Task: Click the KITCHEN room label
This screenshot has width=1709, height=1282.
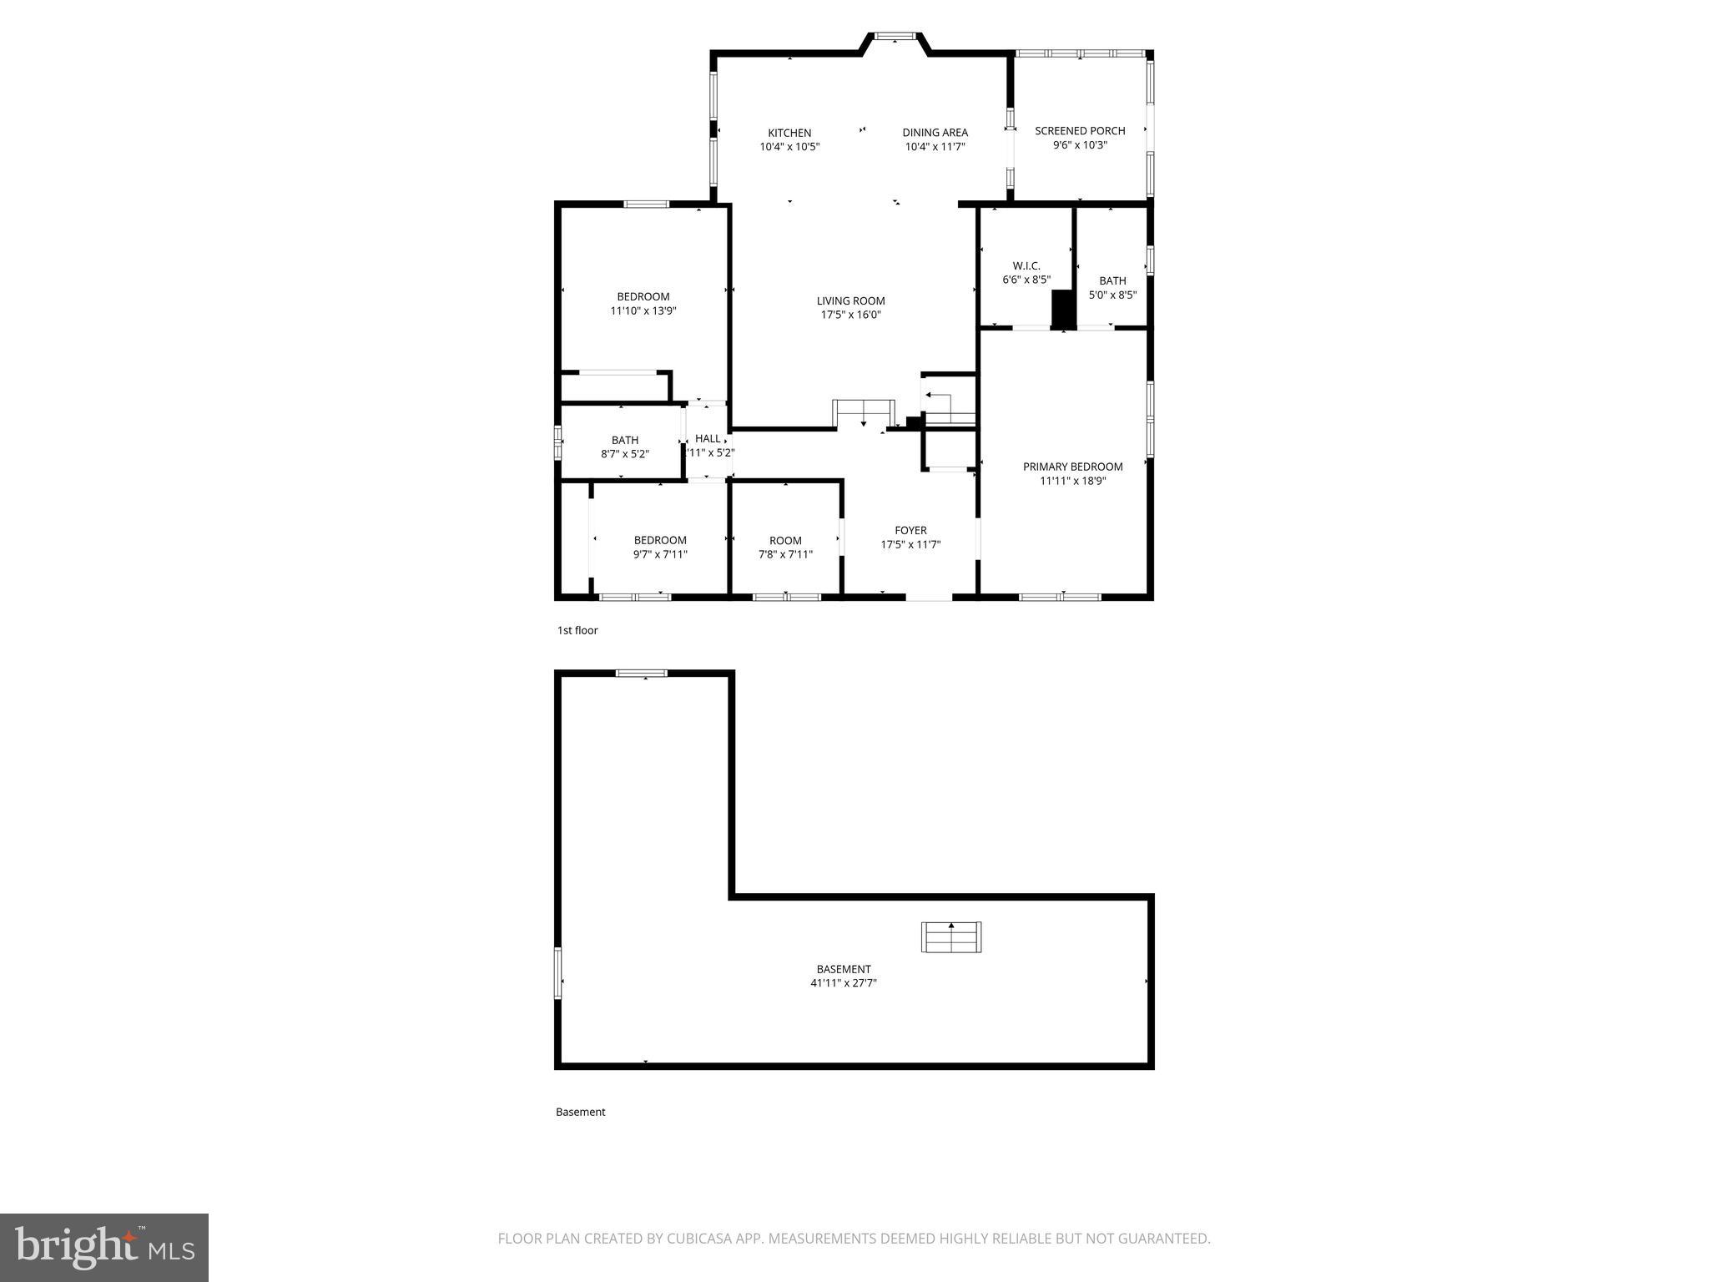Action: (789, 133)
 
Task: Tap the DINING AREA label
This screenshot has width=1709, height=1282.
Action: (935, 133)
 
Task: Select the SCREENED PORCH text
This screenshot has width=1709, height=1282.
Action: (1080, 131)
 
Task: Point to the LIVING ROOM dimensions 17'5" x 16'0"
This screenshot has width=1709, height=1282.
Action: (850, 315)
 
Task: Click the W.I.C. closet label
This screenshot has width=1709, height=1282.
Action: (1026, 266)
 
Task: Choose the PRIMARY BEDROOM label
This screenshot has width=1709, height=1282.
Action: (1072, 467)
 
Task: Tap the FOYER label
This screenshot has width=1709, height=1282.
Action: (910, 530)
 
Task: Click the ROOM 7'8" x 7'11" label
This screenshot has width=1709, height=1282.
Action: (785, 541)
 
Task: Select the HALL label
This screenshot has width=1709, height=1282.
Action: (708, 438)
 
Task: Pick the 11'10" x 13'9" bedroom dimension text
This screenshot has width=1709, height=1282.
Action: (643, 311)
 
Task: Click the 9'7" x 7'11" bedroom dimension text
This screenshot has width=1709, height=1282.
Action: (659, 554)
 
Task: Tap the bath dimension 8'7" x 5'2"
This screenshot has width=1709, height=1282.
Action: (624, 455)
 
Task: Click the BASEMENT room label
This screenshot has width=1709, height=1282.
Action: (843, 969)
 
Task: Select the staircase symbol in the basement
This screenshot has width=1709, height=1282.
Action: (950, 936)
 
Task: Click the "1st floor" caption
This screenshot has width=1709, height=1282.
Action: (577, 630)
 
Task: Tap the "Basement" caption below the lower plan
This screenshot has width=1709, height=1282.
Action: (580, 1112)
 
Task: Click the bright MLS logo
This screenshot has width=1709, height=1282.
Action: (104, 1248)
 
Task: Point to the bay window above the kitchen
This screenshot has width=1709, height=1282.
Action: (895, 37)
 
